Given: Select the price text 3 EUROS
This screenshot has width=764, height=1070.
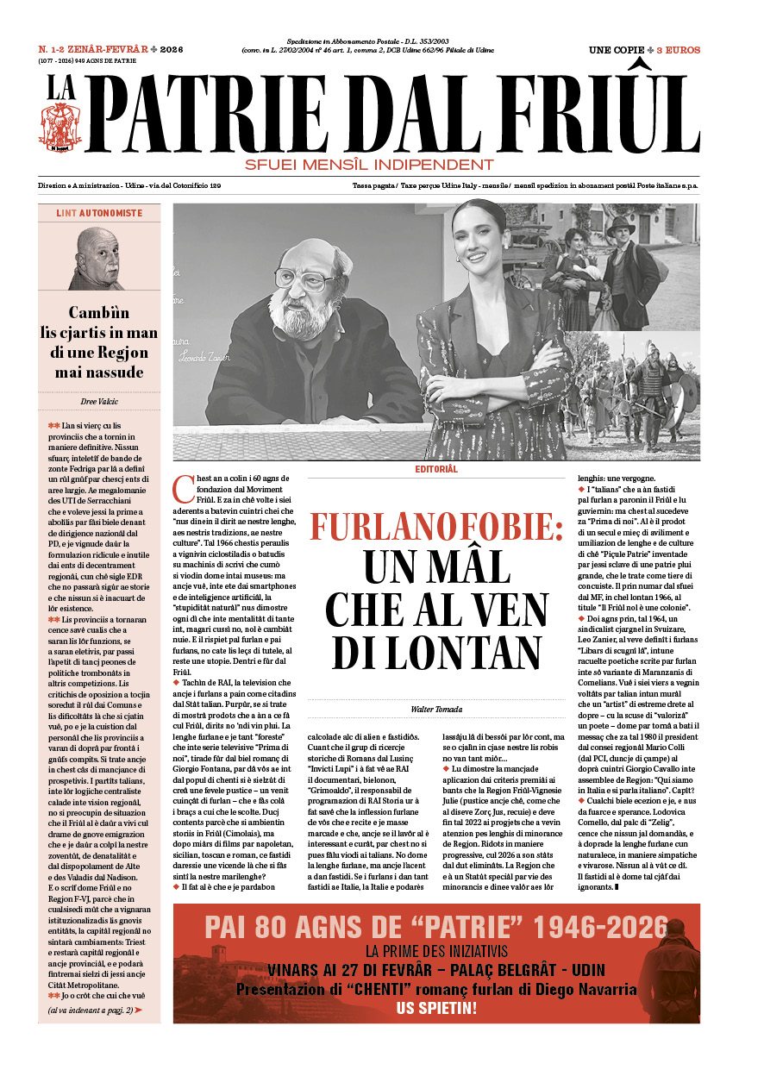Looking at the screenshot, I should [678, 50].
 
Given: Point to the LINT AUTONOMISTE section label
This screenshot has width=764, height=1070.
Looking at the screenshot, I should [99, 213].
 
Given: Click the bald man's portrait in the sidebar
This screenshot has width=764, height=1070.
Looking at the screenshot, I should [97, 259].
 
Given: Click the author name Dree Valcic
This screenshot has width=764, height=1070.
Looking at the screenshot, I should [99, 401].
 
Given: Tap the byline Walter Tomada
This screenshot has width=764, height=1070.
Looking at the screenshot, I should [436, 709].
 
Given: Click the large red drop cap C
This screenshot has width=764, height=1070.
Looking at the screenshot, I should [183, 489].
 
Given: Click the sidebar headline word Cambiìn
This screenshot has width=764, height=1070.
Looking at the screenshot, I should [99, 313].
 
